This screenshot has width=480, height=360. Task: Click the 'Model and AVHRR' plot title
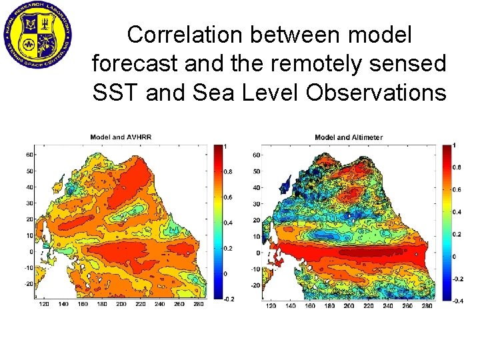click(121, 137)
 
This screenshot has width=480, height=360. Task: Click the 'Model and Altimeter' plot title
click(349, 137)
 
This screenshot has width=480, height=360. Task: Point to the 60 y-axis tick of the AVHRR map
click(30, 155)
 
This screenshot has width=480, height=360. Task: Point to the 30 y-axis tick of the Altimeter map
click(256, 204)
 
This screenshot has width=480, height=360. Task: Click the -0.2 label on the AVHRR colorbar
click(229, 299)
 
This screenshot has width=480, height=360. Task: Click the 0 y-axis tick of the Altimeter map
click(258, 253)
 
